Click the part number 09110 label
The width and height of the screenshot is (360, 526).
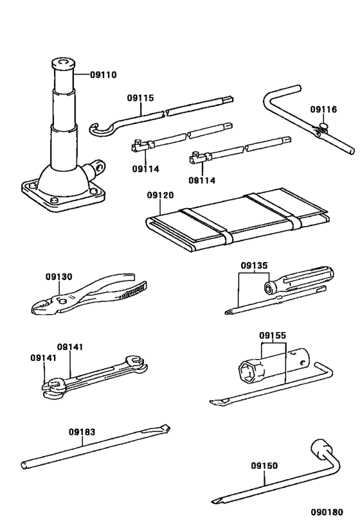tap(104, 75)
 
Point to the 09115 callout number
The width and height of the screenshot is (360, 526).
tap(140, 98)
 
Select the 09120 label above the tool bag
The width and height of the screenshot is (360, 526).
tap(160, 195)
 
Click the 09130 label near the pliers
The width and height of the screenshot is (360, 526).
tap(59, 277)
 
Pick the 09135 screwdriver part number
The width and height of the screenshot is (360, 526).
tap(255, 265)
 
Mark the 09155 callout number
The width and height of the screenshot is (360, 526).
tap(273, 335)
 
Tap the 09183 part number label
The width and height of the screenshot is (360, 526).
tap(82, 432)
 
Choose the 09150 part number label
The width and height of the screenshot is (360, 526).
tap(264, 466)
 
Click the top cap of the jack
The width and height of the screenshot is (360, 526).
tap(62, 63)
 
